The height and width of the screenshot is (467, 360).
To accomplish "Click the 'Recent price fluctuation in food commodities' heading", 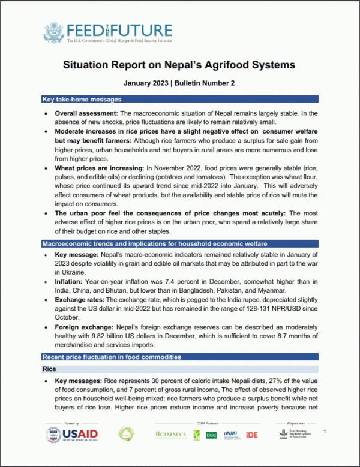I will pyautogui.click(x=112, y=357).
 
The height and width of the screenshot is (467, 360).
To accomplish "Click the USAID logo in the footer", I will pyautogui.click(x=73, y=434).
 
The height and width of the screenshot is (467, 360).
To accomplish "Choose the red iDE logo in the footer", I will pyautogui.click(x=252, y=435).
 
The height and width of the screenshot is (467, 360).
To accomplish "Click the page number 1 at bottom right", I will pyautogui.click(x=325, y=431).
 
